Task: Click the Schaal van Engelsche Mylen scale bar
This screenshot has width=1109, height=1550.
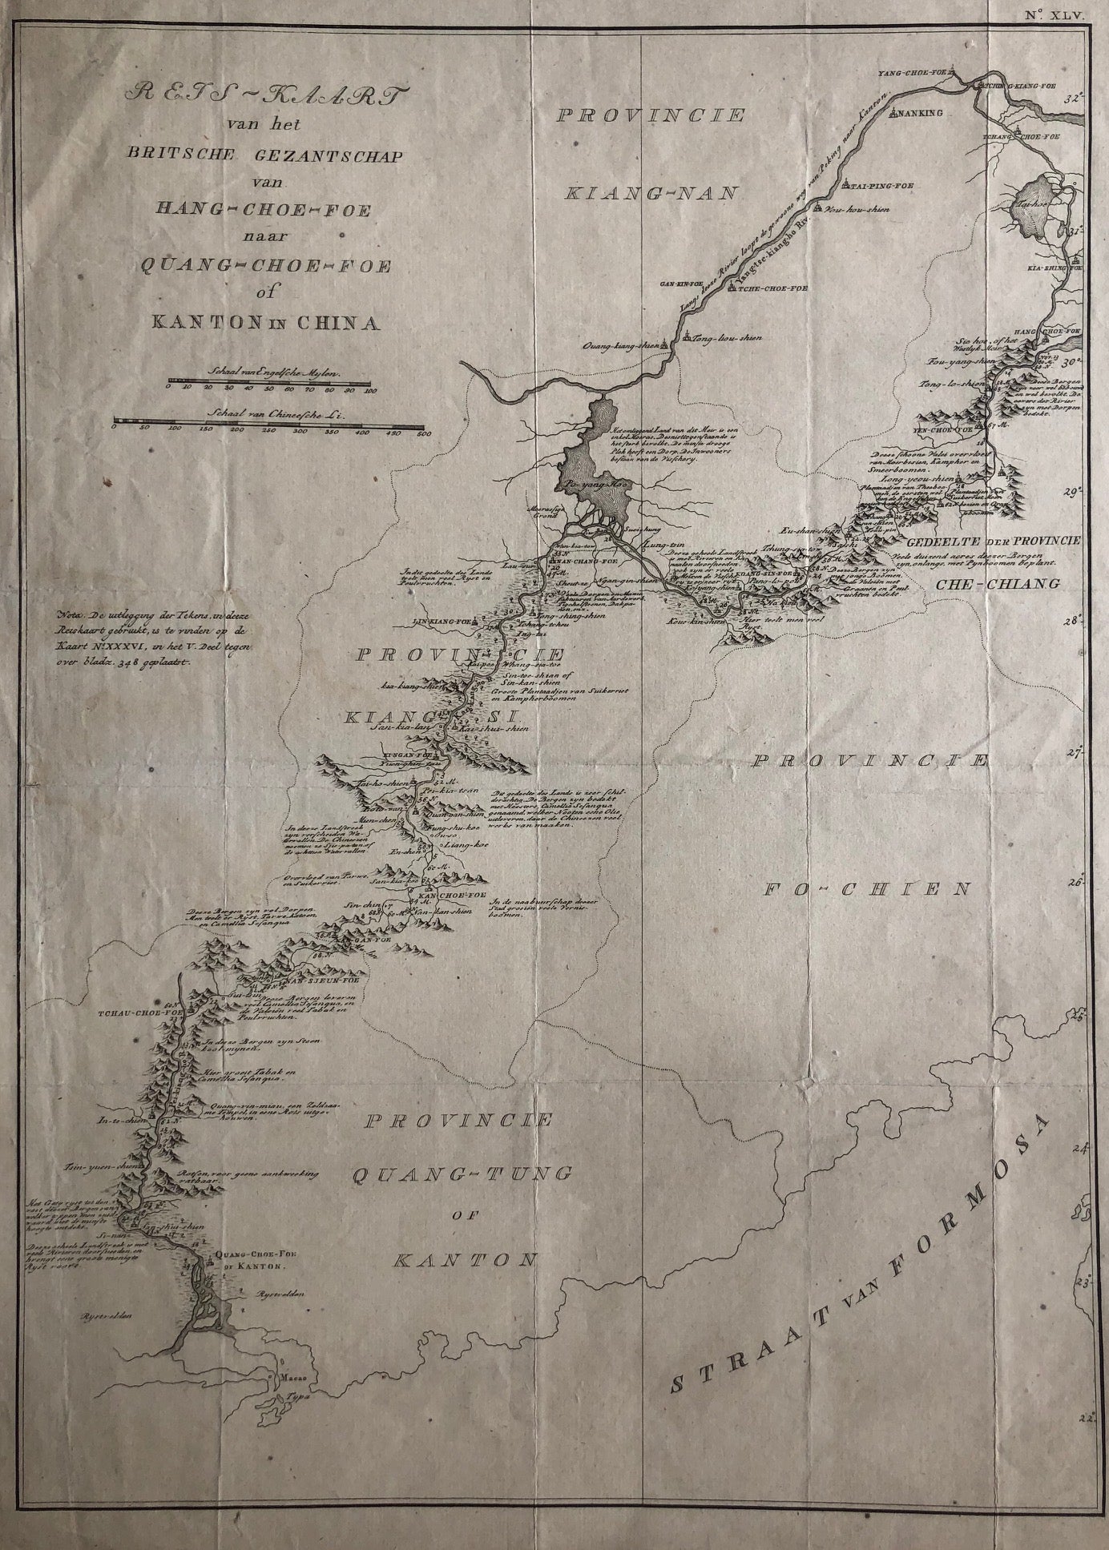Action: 268,382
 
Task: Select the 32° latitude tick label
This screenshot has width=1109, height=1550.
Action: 1083,99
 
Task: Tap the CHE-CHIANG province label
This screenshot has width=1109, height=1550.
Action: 997,583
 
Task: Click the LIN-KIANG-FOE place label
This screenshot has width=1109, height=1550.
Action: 443,620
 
